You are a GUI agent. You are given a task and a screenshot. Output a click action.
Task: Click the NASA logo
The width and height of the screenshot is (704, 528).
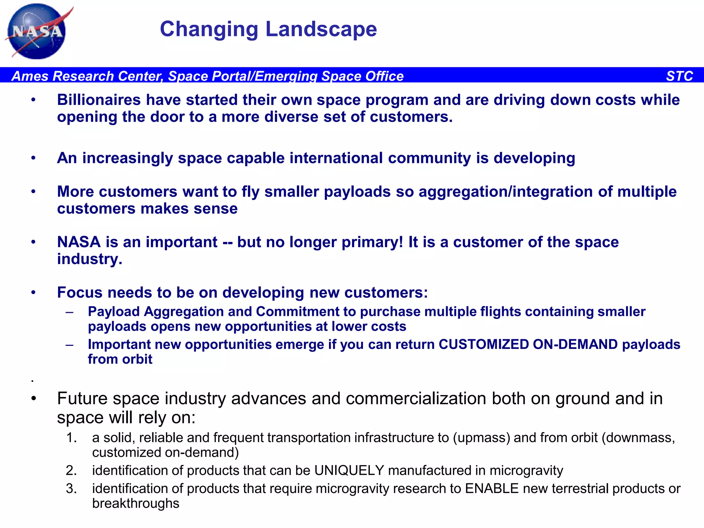[37, 32]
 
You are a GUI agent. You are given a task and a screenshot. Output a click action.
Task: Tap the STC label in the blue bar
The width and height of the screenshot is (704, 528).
[679, 76]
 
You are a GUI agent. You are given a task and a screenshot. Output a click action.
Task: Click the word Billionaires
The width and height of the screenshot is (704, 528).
[99, 100]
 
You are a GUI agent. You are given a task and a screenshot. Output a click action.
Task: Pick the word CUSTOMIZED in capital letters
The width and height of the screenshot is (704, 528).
[484, 344]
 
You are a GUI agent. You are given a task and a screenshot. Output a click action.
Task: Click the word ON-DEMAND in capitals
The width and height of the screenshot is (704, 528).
[575, 344]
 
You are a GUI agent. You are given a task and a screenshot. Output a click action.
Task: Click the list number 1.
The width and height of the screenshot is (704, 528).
[71, 438]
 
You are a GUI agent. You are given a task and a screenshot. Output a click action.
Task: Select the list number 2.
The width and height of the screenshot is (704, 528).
[71, 471]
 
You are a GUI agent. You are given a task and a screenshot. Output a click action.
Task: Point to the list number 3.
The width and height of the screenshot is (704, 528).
[71, 489]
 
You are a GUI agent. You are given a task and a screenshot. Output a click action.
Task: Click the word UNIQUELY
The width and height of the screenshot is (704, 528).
[349, 471]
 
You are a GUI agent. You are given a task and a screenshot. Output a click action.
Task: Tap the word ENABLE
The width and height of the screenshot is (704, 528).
[492, 489]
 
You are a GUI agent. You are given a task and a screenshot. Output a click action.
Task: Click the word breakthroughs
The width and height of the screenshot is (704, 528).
[135, 504]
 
